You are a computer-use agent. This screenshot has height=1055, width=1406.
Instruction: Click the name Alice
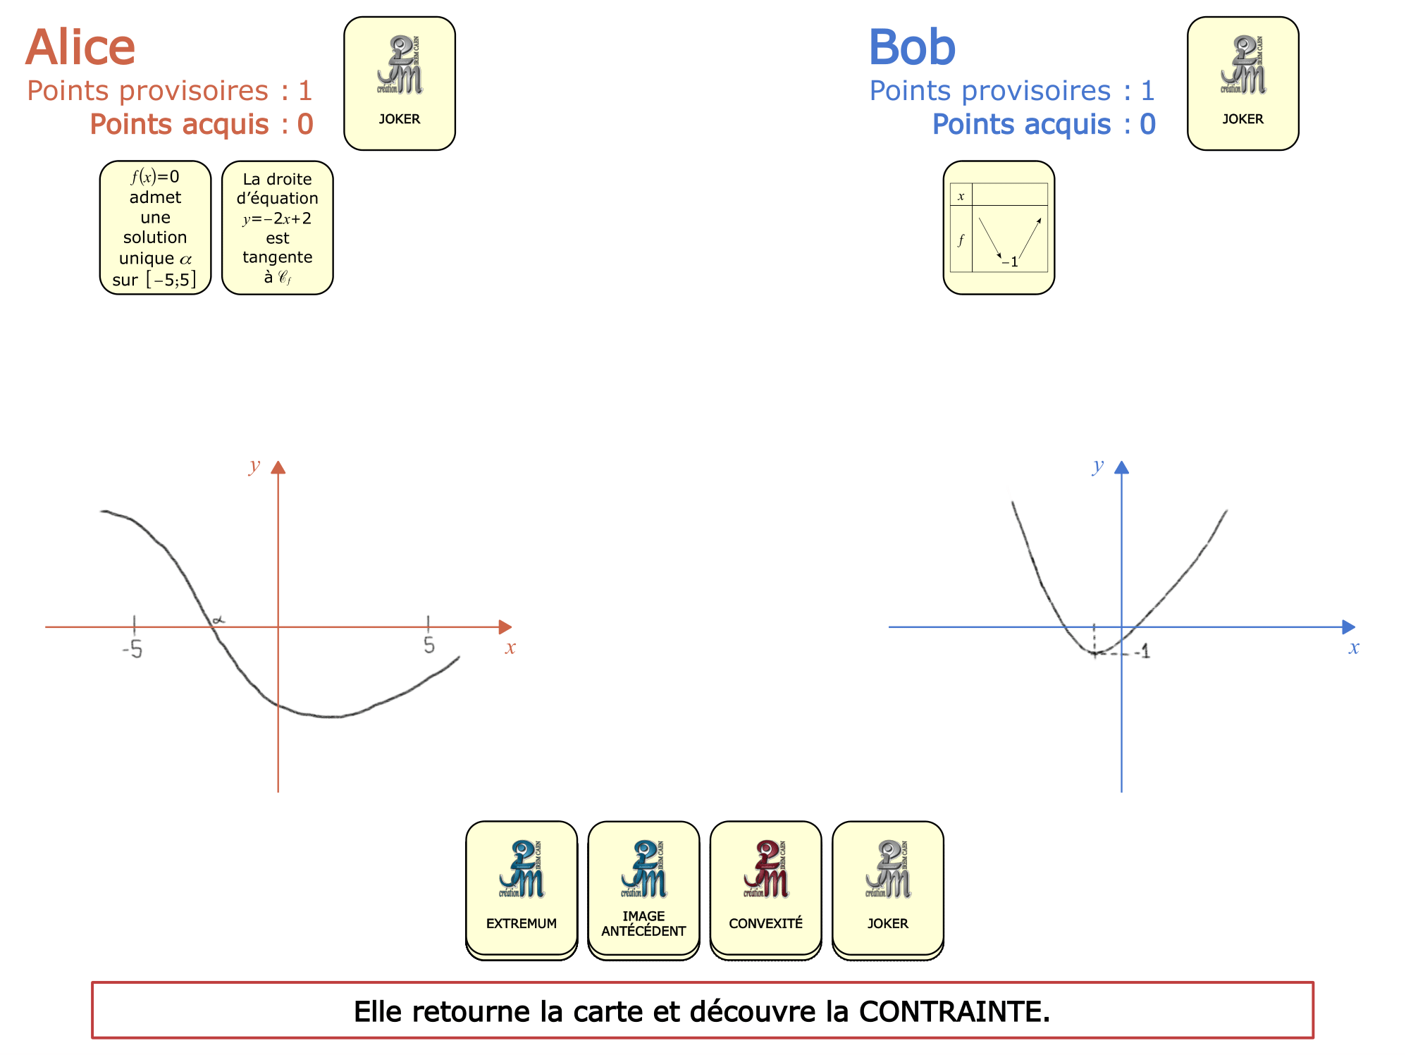[80, 48]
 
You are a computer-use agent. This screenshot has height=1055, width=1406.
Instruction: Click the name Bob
[912, 48]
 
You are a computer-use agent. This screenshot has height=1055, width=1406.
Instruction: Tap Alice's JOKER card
[400, 83]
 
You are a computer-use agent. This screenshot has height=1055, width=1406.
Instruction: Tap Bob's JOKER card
[1243, 83]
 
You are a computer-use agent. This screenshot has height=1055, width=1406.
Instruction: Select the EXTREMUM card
[522, 889]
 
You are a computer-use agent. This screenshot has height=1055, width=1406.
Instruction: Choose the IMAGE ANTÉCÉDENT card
[643, 889]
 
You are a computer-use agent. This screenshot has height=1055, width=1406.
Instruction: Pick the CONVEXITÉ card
[766, 889]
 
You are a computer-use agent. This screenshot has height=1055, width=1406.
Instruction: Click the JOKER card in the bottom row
[888, 889]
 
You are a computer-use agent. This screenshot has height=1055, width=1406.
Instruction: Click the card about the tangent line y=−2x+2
[278, 228]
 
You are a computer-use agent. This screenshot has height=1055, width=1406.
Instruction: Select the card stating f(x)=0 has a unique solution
[156, 228]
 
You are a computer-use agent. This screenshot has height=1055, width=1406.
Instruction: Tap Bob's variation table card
[999, 228]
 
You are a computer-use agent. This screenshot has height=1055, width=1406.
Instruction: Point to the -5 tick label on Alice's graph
[132, 649]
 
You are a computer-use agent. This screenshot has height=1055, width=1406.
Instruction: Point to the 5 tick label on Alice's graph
[429, 645]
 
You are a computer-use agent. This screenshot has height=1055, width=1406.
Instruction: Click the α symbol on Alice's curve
[219, 619]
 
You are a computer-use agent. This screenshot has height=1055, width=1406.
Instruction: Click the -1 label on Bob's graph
[1142, 652]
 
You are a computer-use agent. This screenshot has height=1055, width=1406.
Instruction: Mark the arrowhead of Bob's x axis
[1349, 627]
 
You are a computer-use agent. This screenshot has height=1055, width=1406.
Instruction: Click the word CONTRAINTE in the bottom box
[954, 1011]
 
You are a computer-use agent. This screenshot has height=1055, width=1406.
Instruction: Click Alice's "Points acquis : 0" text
[202, 124]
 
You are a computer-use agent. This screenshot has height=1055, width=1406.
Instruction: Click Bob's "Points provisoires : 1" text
[1012, 91]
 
